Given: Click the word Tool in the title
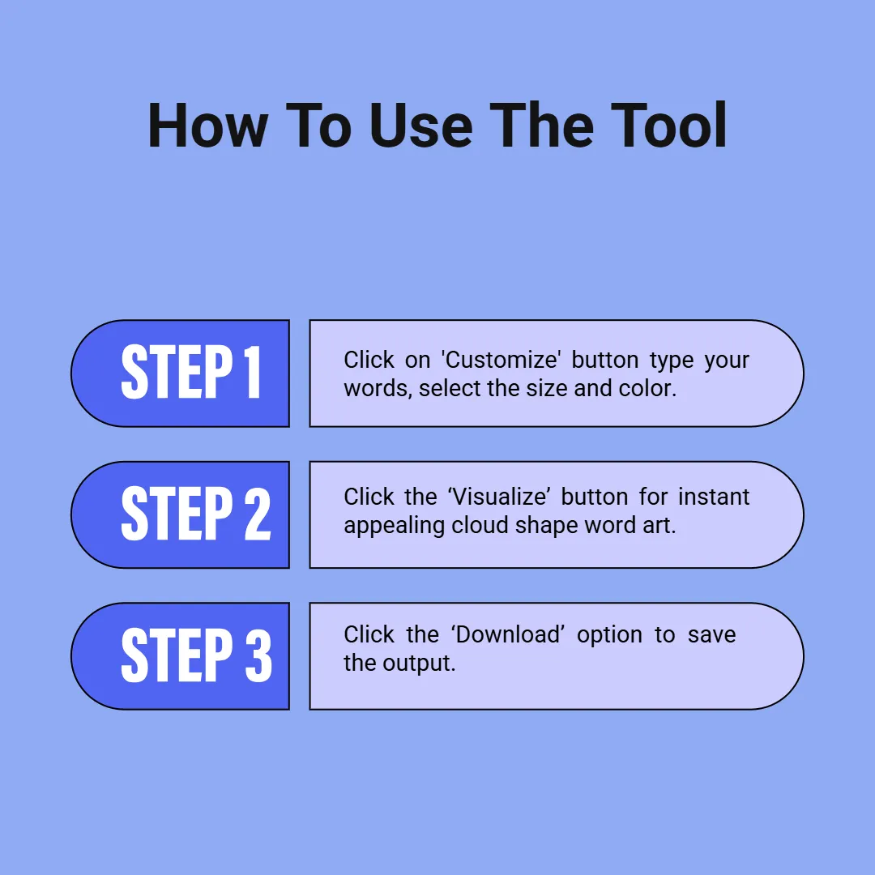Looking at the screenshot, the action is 668,126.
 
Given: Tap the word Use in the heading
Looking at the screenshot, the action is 420,126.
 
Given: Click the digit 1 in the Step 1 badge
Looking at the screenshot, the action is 252,372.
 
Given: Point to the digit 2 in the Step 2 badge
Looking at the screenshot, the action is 258,514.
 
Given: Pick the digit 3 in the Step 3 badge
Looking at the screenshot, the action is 258,655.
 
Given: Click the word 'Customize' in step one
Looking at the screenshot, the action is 501,360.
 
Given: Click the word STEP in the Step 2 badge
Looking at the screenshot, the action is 177,514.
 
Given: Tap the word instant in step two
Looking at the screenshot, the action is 713,497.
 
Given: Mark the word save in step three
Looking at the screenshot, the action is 711,635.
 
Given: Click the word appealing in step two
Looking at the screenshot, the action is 395,526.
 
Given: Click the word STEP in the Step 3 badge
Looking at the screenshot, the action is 177,655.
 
